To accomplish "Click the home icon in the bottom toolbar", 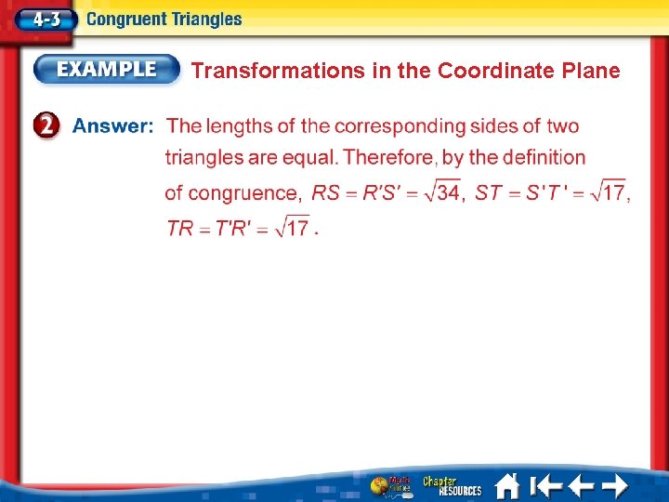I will (506, 485).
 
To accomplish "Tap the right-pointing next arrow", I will (614, 485).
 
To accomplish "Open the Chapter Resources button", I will (452, 485).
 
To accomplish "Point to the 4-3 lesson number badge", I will (41, 19).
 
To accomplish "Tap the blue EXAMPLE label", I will (108, 69).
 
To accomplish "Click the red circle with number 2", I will (49, 127).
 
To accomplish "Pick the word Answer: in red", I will (112, 126).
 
